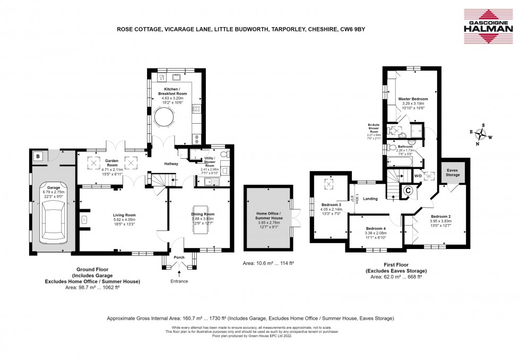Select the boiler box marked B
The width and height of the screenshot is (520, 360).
point(39,156)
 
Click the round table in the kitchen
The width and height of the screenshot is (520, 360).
point(166,117)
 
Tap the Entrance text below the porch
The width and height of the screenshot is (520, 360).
point(179,281)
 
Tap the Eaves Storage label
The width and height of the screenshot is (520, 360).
point(453,172)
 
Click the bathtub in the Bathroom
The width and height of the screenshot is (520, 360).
point(401,161)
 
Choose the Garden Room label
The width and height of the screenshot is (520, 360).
point(111,161)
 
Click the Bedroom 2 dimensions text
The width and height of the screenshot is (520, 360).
point(441,222)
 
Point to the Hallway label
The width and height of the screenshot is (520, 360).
point(170,164)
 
